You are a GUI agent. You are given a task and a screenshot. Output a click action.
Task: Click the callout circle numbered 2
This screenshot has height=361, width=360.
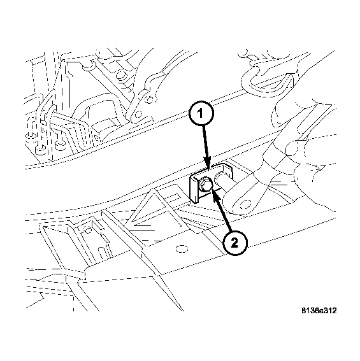tap(234, 242)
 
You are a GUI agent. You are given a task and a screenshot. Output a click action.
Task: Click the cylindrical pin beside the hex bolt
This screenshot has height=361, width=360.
tap(224, 179)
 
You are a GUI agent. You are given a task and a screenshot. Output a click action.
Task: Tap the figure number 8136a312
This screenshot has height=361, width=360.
tap(319, 311)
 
